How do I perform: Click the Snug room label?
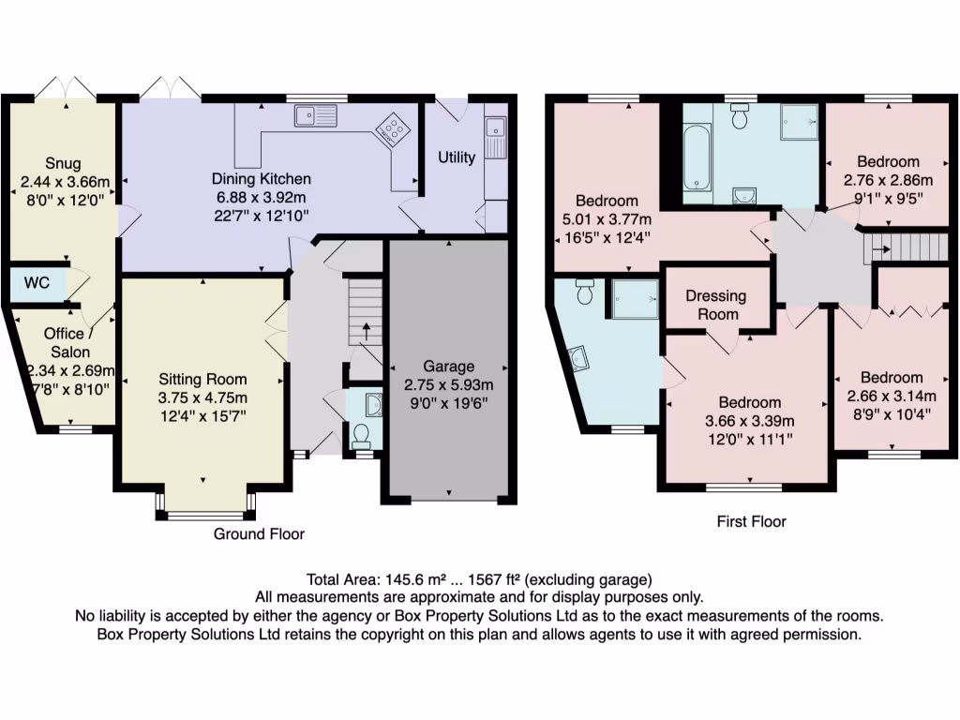pos(64,162)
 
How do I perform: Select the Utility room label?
pos(457,157)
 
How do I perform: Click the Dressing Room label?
pos(716,305)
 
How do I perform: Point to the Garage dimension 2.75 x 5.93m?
pos(447,384)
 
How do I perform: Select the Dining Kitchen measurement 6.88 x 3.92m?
pos(261,197)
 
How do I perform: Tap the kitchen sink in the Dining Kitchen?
pos(315,116)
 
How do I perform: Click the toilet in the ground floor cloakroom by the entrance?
pos(361,435)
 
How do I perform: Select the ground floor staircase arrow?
pos(366,330)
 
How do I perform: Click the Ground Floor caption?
pos(260,534)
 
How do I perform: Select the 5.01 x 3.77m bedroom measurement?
pos(607,219)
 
